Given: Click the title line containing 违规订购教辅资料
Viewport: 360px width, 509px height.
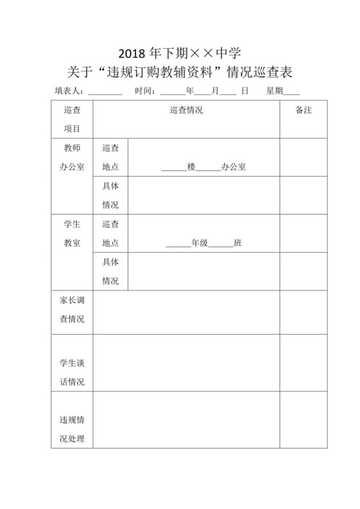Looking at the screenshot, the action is [x=180, y=71].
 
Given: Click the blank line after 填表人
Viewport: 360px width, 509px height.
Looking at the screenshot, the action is [x=105, y=93].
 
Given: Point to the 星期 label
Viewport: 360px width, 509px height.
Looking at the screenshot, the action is [x=274, y=91].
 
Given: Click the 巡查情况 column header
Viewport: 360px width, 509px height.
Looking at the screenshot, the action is [x=186, y=111].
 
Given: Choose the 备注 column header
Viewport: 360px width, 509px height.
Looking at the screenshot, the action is [x=303, y=111].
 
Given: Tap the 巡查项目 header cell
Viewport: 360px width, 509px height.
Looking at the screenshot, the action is [x=72, y=120].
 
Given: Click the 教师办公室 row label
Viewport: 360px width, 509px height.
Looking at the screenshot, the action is [x=72, y=157].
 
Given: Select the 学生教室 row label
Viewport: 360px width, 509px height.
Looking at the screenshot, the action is [x=72, y=234].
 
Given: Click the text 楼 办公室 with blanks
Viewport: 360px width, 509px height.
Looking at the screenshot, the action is [x=203, y=167].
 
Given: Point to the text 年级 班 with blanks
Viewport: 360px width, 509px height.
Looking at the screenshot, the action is [x=203, y=244].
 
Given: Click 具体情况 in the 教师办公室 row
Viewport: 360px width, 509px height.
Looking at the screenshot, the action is [x=111, y=195].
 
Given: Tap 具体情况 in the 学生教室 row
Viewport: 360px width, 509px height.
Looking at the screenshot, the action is [x=111, y=272].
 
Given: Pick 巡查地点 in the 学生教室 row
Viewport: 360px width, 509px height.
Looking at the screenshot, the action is [x=111, y=234].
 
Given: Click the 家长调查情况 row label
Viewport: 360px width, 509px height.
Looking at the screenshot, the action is [x=72, y=310].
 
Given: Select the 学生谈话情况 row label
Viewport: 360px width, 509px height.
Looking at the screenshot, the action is [x=72, y=372].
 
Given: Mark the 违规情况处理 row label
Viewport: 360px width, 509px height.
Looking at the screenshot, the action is [x=72, y=430].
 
